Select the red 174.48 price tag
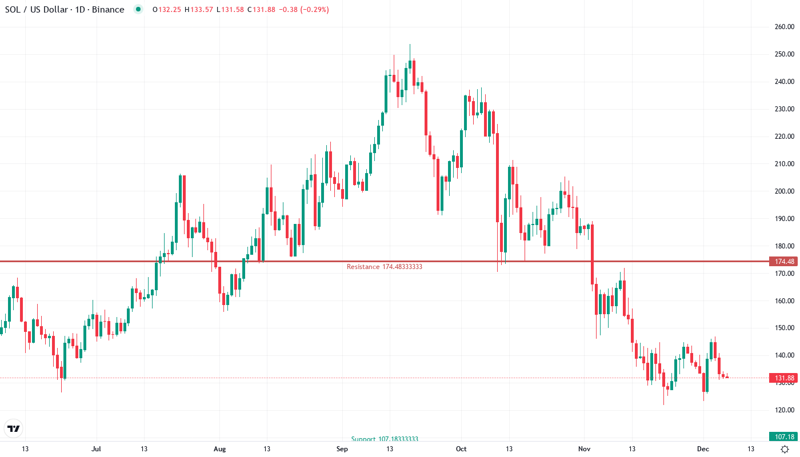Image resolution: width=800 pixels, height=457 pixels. click(783, 262)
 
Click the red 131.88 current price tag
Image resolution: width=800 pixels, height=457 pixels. click(783, 378)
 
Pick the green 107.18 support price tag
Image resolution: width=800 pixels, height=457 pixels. click(783, 436)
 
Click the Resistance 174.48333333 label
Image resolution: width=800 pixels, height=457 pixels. click(384, 267)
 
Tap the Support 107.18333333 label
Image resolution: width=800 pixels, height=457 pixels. click(385, 439)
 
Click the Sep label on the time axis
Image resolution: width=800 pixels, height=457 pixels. click(342, 449)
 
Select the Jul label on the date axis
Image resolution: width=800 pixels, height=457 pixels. click(96, 449)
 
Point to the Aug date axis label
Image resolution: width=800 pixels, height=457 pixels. click(219, 449)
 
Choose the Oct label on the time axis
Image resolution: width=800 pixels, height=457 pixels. click(461, 449)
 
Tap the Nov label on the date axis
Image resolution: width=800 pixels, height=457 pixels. click(584, 449)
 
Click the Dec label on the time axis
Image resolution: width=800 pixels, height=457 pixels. click(703, 449)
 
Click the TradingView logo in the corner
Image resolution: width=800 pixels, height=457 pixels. click(14, 428)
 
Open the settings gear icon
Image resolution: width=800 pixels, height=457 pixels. click(785, 449)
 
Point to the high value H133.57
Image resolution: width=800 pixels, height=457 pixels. click(198, 10)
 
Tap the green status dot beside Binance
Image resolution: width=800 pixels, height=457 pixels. click(138, 10)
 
